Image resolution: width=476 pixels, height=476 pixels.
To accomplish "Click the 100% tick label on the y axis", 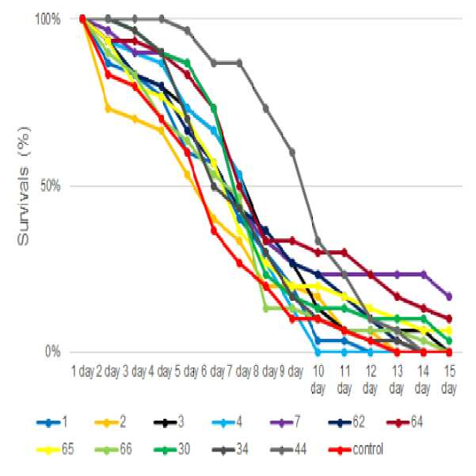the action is [48, 20].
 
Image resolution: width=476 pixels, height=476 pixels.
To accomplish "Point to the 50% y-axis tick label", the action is [51, 185].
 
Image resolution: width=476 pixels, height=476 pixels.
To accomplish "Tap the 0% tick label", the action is [53, 352].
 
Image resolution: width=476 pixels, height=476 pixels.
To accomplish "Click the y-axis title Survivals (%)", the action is [24, 186].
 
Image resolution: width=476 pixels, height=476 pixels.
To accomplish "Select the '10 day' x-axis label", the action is [318, 379].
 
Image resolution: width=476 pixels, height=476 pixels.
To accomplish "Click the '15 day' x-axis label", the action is [449, 379].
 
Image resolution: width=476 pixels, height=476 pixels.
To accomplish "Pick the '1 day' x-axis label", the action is [82, 371].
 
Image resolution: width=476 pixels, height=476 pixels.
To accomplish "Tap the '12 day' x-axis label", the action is [371, 379].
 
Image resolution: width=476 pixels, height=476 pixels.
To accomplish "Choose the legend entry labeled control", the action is [356, 449].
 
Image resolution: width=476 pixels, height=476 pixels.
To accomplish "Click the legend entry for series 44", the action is [288, 449].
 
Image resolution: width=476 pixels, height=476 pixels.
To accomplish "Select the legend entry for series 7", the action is [285, 422].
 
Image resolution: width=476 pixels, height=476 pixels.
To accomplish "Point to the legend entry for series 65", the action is [55, 449].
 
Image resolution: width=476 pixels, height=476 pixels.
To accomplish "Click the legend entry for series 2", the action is [110, 422].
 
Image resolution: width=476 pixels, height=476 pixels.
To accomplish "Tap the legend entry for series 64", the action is [405, 422].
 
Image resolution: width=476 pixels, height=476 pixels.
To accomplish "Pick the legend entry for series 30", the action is [172, 449].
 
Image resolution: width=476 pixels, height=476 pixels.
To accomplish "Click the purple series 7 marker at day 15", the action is [449, 296].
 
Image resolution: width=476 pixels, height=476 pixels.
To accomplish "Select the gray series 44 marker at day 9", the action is [291, 152].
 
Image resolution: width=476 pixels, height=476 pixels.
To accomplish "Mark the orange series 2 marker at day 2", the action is [108, 109].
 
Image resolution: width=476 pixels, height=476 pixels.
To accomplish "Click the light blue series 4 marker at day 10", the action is [318, 352].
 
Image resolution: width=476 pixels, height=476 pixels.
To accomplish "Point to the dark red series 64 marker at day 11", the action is [344, 252].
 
